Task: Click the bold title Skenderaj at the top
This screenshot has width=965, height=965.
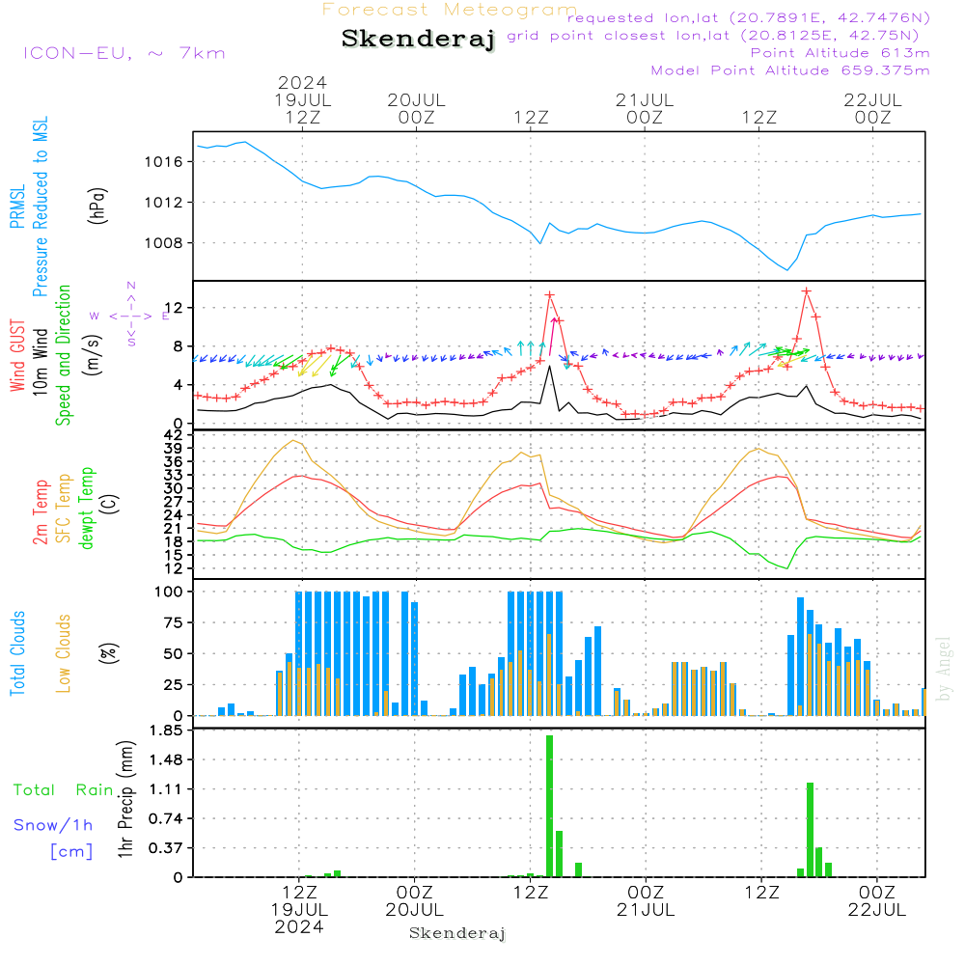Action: click(x=418, y=40)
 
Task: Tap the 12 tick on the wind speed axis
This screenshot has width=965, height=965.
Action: click(x=178, y=308)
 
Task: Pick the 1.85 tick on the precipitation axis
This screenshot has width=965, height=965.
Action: click(x=167, y=731)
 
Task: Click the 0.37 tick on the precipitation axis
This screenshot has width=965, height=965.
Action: click(x=167, y=848)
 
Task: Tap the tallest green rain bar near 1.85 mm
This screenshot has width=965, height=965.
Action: click(x=549, y=806)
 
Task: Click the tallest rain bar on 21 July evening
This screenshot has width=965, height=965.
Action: click(x=811, y=829)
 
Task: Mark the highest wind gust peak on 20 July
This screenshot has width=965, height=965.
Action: click(x=550, y=295)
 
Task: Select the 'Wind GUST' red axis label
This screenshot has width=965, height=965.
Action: click(x=17, y=357)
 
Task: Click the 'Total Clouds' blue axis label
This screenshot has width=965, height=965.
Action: click(x=17, y=653)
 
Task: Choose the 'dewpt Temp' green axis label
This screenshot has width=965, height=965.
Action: click(x=87, y=509)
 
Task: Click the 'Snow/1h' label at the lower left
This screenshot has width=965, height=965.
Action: click(x=54, y=825)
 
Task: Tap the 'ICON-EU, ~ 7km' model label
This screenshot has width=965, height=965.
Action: click(x=124, y=53)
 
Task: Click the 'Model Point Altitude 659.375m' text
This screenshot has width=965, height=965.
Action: click(x=790, y=70)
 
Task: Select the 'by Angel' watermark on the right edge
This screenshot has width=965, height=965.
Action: click(x=945, y=669)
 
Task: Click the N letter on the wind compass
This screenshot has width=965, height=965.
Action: click(x=131, y=286)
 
